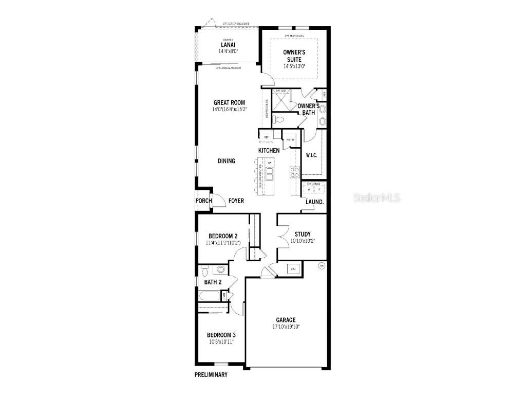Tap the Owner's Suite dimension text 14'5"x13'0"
coord(294,66)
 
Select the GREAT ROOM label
coord(229,102)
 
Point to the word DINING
coord(226,161)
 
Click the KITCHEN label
coord(269,150)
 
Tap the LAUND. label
coord(314,202)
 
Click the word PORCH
coord(203,201)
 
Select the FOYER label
coord(236,201)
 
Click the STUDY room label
coord(302,234)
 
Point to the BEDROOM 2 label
coord(222,236)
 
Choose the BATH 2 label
coord(213,282)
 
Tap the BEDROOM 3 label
coord(222,335)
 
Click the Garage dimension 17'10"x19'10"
coord(286,327)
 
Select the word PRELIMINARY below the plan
coord(211,375)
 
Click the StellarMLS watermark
coord(377,198)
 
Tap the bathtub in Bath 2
coord(210,296)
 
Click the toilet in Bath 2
coord(205,270)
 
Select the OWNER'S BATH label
coord(309,109)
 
